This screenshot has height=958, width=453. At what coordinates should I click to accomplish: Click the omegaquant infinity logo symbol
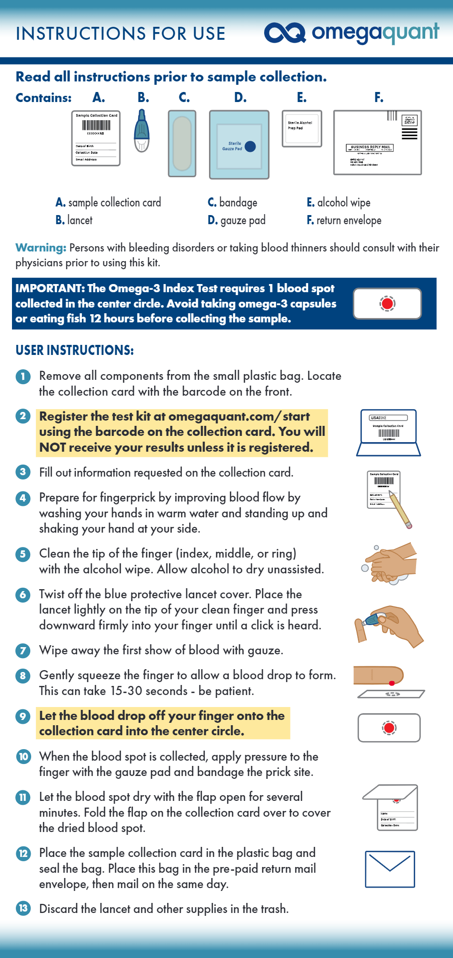coord(285,33)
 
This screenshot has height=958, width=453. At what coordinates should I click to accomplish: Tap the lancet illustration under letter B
coord(141,131)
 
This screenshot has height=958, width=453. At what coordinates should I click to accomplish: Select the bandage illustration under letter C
coord(182,143)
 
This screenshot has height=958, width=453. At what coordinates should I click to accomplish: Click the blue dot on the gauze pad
coord(250,147)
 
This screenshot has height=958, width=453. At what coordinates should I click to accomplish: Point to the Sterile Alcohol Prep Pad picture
coord(302,128)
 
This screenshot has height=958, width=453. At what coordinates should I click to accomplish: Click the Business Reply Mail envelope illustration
coord(377,142)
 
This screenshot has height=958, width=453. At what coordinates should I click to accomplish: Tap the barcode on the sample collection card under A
coord(96,125)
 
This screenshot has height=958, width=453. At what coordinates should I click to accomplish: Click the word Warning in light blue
coord(41,248)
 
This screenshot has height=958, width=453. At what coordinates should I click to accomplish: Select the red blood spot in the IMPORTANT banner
coord(387,304)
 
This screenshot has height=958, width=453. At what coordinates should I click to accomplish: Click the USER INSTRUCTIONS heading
coord(74,350)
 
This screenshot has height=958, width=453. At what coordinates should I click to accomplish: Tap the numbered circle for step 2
coord(23,416)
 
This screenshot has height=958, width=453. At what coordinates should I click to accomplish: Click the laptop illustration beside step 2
coord(388,433)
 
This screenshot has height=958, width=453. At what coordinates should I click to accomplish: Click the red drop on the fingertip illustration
coord(392,682)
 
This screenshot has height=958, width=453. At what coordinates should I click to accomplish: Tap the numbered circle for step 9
coord(23,716)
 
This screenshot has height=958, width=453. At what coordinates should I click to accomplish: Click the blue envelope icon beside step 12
coord(390,869)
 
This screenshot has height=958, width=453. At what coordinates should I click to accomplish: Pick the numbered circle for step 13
coord(23,908)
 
